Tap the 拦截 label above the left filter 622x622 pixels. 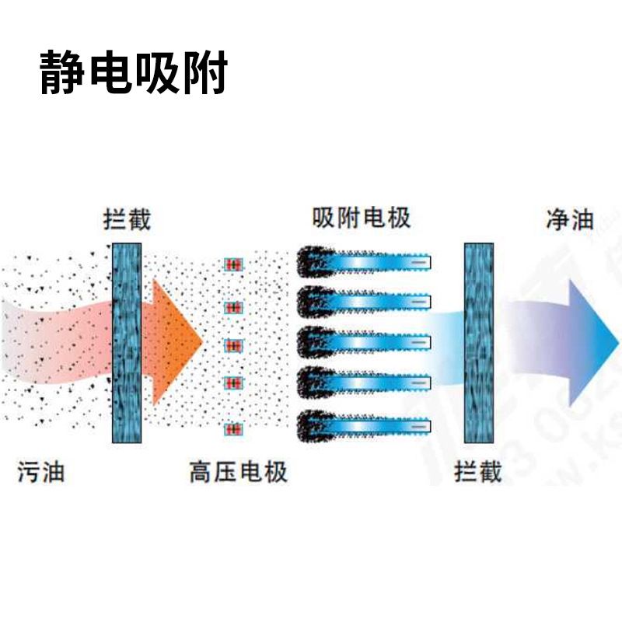tap(127, 220)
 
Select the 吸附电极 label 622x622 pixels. tap(362, 217)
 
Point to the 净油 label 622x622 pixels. tap(570, 220)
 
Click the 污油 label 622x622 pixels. tap(41, 471)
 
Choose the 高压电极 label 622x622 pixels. tap(238, 471)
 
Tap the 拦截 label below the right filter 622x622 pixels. tap(478, 471)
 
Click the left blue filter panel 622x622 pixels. tap(127, 342)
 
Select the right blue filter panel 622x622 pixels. tap(480, 342)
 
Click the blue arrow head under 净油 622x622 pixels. tap(591, 342)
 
